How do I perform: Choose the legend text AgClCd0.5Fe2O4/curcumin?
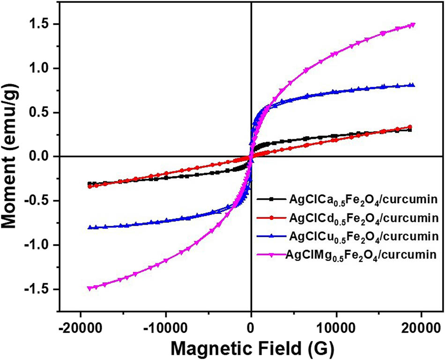363,219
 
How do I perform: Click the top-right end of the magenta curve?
413,25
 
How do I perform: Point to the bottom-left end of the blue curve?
90,228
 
